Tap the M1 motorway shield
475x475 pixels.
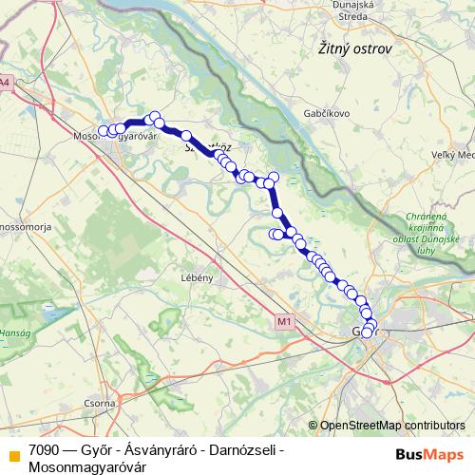[x=283, y=322]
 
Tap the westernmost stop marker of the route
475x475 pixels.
[x=104, y=131]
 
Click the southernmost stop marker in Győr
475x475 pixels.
[x=367, y=332]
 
